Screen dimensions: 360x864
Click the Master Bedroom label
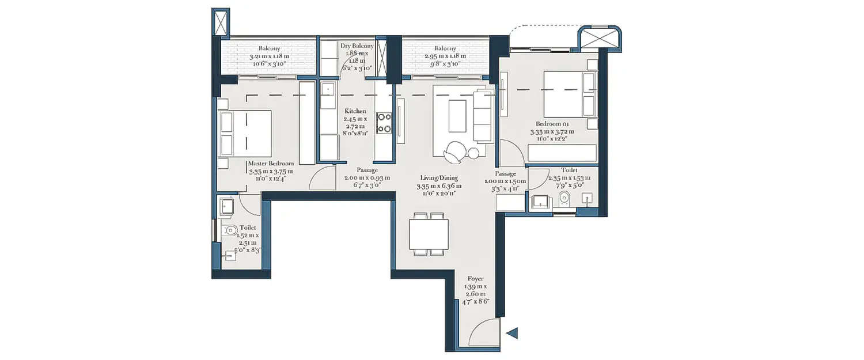[x=271, y=164]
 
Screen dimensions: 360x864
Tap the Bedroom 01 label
[x=552, y=124]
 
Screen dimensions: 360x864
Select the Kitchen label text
[x=355, y=111]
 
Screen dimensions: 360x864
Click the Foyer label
[x=476, y=279]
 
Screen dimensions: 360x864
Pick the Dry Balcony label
[x=357, y=46]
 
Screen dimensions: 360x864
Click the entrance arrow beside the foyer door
[x=512, y=332]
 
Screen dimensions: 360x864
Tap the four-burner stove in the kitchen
[x=384, y=123]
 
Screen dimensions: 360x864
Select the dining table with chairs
[x=429, y=233]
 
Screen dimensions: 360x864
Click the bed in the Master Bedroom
[x=245, y=133]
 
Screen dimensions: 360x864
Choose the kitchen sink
[x=328, y=89]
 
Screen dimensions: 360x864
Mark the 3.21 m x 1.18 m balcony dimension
[x=269, y=57]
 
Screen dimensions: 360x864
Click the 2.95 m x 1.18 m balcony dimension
[x=445, y=57]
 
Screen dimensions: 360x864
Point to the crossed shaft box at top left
[x=221, y=22]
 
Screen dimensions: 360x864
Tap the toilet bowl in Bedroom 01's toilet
[x=564, y=199]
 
